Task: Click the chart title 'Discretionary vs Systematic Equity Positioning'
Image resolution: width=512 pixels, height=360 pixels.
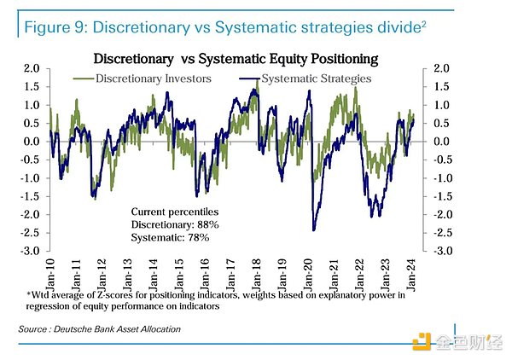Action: click(236, 59)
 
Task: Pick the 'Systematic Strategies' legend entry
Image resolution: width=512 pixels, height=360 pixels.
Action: click(317, 78)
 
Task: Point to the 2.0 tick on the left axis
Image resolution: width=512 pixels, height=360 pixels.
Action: click(32, 68)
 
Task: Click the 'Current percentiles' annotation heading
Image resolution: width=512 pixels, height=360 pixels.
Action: click(175, 211)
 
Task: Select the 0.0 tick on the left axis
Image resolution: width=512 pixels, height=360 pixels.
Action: click(32, 142)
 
